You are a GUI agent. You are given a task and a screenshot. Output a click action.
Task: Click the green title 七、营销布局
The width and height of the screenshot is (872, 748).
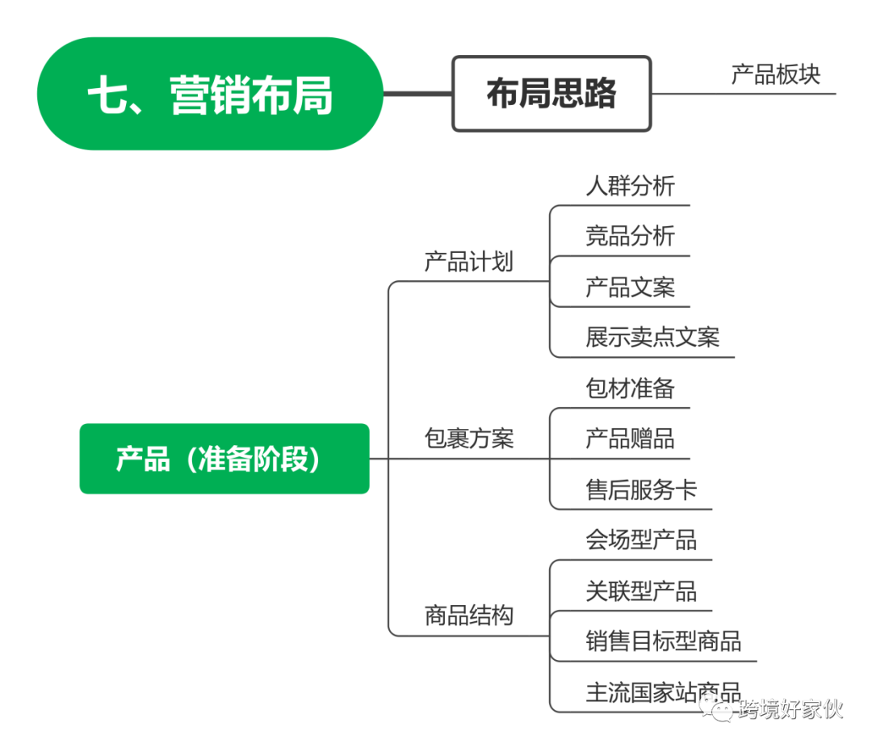tap(210, 95)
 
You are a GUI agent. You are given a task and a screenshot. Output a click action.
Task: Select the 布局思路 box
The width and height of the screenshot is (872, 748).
tap(551, 94)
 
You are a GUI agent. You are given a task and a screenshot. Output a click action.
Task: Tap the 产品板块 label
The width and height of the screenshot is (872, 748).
tap(775, 74)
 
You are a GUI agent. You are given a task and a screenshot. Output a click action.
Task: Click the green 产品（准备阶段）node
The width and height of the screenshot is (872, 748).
tap(224, 459)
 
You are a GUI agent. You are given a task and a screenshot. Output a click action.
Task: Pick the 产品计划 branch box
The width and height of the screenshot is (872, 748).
tap(468, 261)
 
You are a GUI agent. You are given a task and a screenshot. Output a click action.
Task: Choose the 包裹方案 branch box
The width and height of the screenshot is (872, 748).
tap(468, 439)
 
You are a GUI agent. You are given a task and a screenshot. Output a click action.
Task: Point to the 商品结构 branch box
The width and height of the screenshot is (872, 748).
tap(468, 616)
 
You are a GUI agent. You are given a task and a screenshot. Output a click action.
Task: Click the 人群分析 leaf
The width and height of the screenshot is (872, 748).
tap(630, 185)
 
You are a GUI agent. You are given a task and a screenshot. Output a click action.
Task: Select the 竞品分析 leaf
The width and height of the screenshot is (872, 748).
tap(630, 236)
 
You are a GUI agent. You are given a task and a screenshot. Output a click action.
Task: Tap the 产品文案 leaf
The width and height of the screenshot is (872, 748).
tap(630, 286)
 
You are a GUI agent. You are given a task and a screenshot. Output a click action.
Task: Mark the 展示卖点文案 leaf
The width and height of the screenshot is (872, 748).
tap(652, 337)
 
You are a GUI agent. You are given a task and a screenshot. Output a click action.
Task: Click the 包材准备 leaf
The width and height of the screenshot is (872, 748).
tap(630, 388)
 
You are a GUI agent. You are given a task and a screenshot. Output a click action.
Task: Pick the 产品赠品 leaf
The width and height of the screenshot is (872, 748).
tap(630, 438)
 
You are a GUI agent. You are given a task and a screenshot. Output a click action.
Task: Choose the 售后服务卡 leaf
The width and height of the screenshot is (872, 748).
tap(641, 489)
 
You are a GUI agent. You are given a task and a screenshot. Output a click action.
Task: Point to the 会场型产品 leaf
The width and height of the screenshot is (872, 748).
tap(641, 539)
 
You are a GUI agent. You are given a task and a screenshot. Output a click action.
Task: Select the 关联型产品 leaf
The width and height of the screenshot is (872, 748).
tap(641, 590)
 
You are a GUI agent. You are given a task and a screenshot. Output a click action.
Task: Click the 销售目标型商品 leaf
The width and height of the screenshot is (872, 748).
tap(663, 641)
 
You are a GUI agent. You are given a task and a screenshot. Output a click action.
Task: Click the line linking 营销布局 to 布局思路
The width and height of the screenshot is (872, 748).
tap(417, 94)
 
